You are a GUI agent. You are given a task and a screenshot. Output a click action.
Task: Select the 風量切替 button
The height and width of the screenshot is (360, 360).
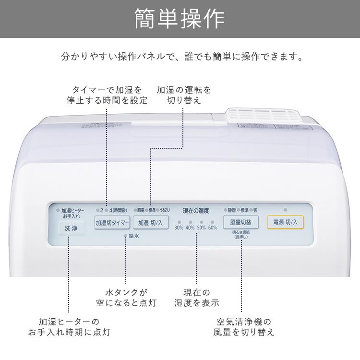click(240, 222)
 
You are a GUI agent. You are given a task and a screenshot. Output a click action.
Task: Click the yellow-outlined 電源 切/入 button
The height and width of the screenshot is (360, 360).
click(285, 222)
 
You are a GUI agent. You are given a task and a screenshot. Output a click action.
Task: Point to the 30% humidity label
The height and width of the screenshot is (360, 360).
click(179, 228)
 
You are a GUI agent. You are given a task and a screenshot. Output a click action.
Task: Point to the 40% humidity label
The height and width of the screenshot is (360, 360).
click(190, 228)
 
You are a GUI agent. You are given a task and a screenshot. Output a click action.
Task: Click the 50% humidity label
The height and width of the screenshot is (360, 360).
click(202, 228)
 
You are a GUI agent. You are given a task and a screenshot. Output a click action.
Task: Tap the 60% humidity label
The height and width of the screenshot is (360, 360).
click(213, 228)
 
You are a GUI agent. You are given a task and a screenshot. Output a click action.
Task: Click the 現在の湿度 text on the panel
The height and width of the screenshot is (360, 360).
click(196, 210)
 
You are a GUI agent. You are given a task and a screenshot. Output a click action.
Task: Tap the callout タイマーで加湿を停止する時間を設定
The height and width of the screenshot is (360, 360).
click(107, 95)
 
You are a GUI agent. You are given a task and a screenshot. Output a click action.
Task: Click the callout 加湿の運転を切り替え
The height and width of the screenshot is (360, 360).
click(184, 95)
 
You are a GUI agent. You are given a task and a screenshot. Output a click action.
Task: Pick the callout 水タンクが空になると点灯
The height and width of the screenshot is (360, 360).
click(126, 297)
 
